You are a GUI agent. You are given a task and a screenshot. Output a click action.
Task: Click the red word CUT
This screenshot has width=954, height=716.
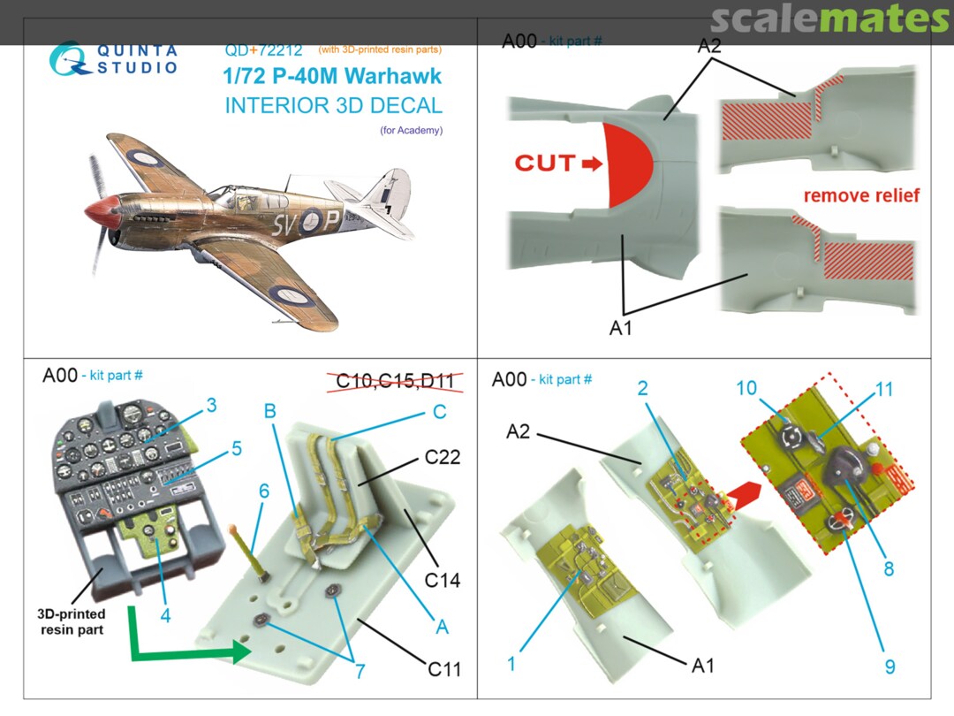tap(544, 163)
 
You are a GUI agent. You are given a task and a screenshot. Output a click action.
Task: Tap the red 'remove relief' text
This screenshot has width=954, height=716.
tap(861, 195)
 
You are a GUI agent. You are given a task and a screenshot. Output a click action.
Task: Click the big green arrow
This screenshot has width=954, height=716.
tap(183, 639)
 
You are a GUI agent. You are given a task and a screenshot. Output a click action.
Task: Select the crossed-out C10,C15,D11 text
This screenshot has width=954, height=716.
tap(396, 381)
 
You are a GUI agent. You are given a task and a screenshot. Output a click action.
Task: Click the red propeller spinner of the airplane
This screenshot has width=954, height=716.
tap(100, 212)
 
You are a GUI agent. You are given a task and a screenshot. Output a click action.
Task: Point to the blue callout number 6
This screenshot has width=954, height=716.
tap(263, 491)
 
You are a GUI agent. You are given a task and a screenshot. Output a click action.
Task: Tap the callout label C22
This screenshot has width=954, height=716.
tap(443, 457)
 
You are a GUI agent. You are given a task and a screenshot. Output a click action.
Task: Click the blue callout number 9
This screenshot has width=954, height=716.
tap(890, 666)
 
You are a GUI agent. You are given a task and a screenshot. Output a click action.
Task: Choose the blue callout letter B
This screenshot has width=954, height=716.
tap(270, 411)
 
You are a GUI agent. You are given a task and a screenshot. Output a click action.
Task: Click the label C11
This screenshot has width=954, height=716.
tap(444, 669)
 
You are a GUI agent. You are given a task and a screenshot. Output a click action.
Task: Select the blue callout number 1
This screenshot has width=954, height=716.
tap(511, 663)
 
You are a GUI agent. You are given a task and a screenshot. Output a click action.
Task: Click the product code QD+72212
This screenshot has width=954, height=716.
tap(263, 50)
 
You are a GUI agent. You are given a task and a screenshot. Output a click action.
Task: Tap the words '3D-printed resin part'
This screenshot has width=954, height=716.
tap(72, 621)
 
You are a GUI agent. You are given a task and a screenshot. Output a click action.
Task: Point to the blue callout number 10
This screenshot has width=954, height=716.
tap(746, 388)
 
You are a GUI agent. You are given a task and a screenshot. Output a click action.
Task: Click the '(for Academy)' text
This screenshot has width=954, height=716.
tap(412, 130)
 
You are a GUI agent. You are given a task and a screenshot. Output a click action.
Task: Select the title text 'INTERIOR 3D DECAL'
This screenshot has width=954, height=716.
tap(333, 105)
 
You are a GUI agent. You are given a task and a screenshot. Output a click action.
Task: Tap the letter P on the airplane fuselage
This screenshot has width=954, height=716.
tap(329, 219)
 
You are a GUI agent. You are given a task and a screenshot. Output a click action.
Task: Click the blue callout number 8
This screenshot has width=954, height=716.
tap(889, 568)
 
